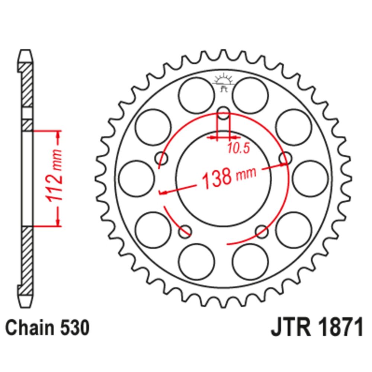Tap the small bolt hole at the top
(x=223, y=113)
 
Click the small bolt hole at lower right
(x=262, y=231)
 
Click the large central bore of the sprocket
(x=223, y=179)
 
